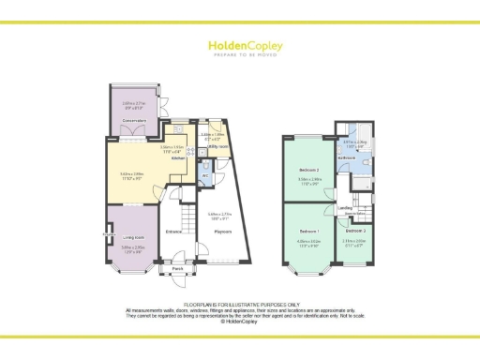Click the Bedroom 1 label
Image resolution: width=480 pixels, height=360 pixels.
[309, 230]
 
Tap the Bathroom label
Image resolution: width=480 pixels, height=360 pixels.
[346, 158]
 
